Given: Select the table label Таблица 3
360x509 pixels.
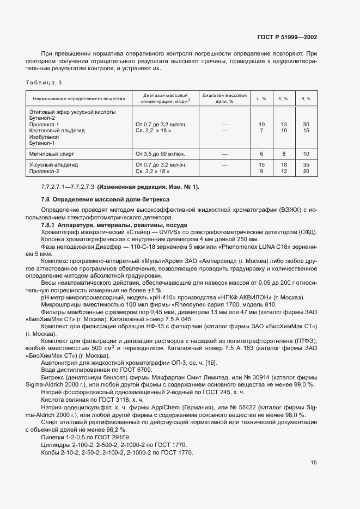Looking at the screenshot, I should (x=44, y=82).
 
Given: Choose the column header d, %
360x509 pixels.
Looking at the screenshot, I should (x=306, y=99).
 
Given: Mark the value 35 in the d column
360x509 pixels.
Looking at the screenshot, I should (x=306, y=164).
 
